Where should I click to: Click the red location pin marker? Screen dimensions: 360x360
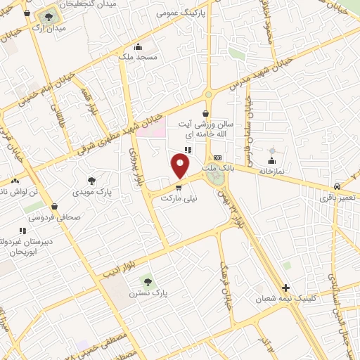[181, 166]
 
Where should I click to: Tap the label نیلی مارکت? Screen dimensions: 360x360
[179, 199]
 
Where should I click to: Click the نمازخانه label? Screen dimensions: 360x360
[272, 170]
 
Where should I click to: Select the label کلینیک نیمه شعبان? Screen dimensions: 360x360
[310, 298]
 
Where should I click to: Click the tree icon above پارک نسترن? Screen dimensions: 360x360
[147, 281]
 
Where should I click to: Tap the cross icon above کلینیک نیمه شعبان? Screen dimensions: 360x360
[285, 288]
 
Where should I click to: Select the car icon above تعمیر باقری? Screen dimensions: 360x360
[338, 186]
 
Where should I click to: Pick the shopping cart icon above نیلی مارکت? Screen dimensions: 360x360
[179, 188]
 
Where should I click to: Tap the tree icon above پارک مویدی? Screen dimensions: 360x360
[91, 181]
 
